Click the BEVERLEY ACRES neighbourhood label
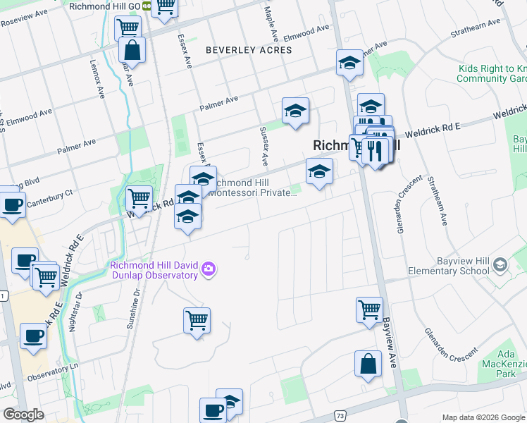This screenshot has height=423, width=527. tap(248, 50)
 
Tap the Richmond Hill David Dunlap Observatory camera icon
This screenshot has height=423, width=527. tap(209, 269)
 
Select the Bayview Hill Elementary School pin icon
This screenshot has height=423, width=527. tap(500, 265)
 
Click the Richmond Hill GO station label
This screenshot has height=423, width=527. tap(105, 6)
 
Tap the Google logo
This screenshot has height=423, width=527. tap(23, 415)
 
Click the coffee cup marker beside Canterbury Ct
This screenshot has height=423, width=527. tap(12, 204)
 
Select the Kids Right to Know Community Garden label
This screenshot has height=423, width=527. tap(492, 73)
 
